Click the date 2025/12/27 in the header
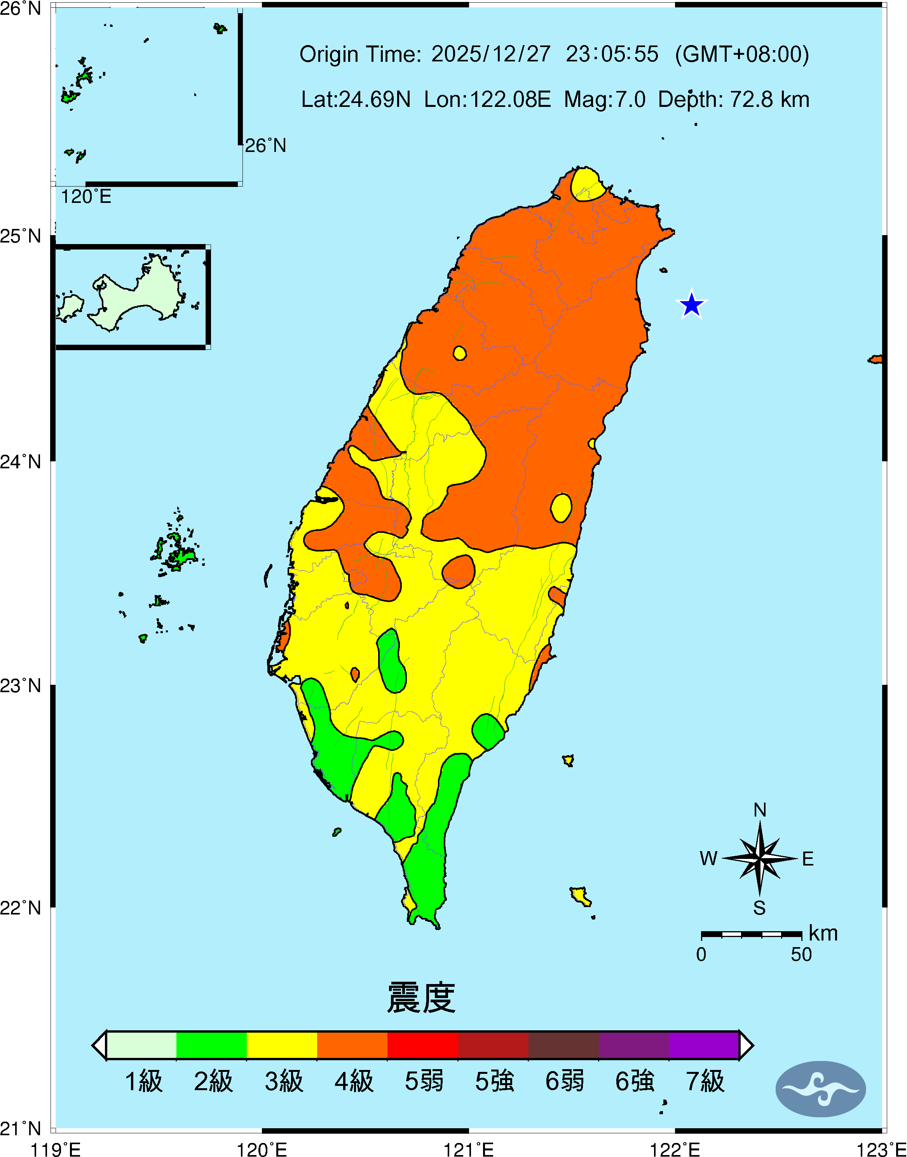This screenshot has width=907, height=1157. click(491, 54)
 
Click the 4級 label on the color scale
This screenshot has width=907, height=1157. click(354, 1082)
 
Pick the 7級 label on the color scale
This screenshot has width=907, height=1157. click(705, 1082)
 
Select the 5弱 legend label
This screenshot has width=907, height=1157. click(424, 1082)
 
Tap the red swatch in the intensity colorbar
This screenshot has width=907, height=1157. click(423, 1045)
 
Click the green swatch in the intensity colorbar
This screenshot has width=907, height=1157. click(211, 1045)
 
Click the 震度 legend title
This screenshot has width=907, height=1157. click(421, 998)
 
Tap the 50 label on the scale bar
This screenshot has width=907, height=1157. click(801, 955)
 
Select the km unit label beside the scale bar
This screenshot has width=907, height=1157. click(823, 934)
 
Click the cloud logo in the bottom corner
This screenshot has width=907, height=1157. click(820, 1089)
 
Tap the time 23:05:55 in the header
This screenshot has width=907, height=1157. click(612, 54)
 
